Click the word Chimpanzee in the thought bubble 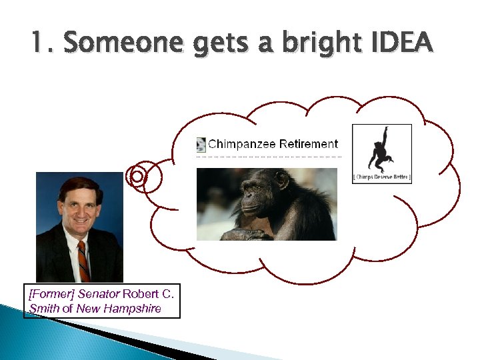[x=242, y=144]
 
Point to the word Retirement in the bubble [x=309, y=144]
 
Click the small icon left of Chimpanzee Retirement [x=201, y=144]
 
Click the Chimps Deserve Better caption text [x=381, y=177]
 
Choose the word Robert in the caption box [x=141, y=294]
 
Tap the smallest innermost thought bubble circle [x=137, y=176]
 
